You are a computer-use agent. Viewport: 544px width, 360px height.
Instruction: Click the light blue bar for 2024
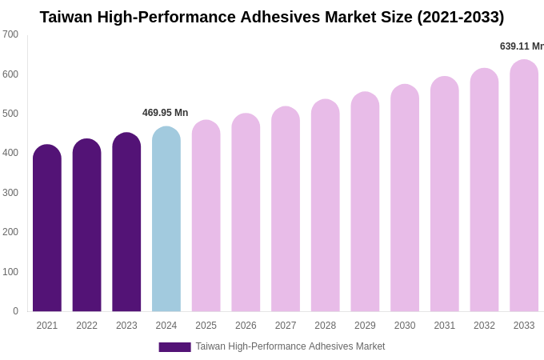coord(166,219)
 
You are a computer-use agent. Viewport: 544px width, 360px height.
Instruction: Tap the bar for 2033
coord(524,186)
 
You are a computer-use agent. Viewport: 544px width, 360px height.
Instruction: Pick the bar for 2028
coord(325,206)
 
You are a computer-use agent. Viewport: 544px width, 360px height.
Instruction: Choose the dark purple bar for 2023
coord(126,222)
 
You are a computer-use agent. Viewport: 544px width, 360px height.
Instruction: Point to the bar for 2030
coord(405,198)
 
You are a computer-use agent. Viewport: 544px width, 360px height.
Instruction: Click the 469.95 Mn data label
coord(165,113)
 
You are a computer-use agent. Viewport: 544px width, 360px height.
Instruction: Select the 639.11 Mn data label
coord(521,46)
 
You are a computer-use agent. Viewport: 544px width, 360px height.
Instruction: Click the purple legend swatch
coord(174,347)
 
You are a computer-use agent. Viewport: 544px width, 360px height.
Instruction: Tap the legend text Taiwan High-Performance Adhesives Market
coord(290,346)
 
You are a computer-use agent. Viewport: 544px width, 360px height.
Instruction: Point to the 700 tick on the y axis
coord(10,34)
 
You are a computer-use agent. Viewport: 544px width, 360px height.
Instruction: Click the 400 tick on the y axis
coord(10,153)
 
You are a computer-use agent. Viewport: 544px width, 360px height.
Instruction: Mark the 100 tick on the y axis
coord(10,272)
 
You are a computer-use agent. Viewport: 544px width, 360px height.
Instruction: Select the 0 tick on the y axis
coord(14,311)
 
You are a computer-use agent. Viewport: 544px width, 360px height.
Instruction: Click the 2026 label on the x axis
coord(246,326)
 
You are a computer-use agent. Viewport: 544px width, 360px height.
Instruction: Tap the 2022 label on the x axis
coord(86,326)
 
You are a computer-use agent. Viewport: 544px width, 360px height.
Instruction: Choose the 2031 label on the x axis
coord(444,326)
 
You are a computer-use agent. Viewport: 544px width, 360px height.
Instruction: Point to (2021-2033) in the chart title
coord(460,17)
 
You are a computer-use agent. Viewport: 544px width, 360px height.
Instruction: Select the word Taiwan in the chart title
coord(66,17)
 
